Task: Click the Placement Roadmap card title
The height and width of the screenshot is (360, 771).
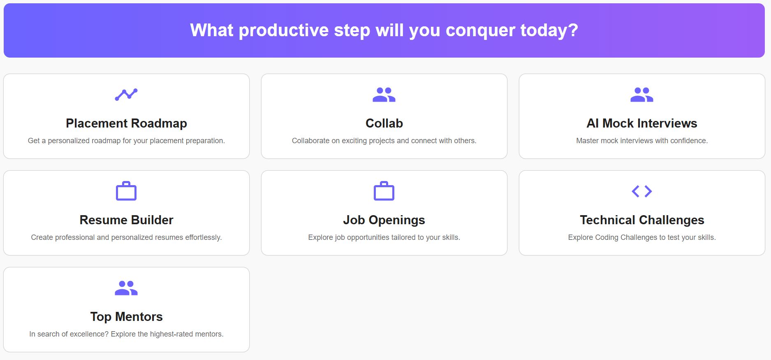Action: click(126, 123)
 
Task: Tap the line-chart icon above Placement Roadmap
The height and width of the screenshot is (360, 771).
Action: click(126, 95)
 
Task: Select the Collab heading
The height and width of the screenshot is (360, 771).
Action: click(384, 123)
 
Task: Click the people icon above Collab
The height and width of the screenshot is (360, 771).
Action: click(384, 95)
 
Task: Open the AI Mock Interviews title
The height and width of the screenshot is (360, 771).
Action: click(642, 123)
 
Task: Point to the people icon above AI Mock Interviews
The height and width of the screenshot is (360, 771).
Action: click(642, 95)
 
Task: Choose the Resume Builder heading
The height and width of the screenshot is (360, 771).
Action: click(126, 220)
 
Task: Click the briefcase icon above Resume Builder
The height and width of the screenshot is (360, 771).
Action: click(126, 191)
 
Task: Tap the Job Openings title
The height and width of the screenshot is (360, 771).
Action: click(384, 220)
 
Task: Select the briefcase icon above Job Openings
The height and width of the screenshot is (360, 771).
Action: click(384, 191)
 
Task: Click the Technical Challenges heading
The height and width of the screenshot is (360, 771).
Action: click(642, 220)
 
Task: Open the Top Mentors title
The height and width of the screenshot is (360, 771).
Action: click(126, 317)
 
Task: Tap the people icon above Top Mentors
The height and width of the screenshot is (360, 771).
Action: click(126, 288)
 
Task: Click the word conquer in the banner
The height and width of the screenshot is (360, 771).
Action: click(480, 30)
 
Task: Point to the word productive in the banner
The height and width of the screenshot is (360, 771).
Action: click(284, 30)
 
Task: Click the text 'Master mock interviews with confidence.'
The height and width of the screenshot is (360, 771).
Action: click(642, 141)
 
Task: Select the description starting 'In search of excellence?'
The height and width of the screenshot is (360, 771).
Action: click(126, 334)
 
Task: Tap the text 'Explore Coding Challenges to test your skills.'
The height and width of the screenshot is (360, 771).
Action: click(642, 237)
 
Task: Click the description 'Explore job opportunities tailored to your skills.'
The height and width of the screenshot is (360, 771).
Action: click(384, 237)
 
